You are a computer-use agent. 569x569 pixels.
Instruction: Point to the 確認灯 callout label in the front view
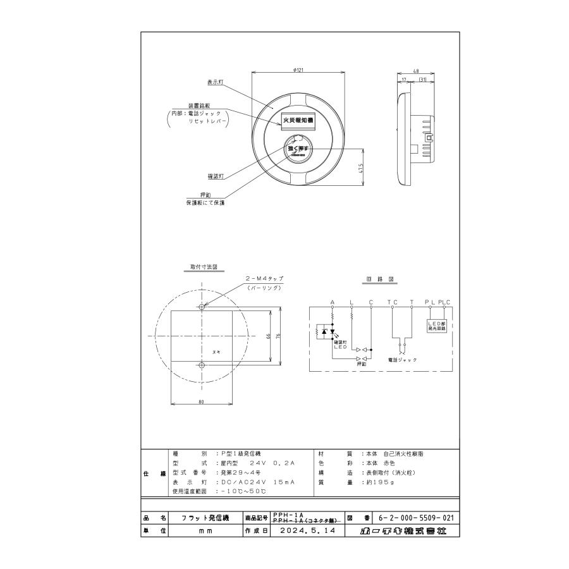pyautogui.click(x=217, y=176)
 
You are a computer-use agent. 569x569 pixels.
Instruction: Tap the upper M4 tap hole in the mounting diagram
pyautogui.click(x=202, y=307)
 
